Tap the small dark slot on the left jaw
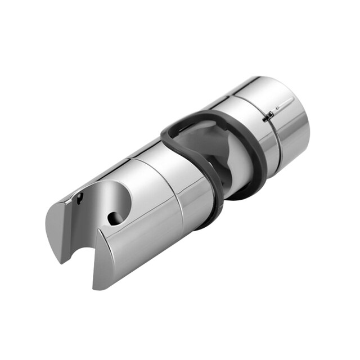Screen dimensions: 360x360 pos(80,198)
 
